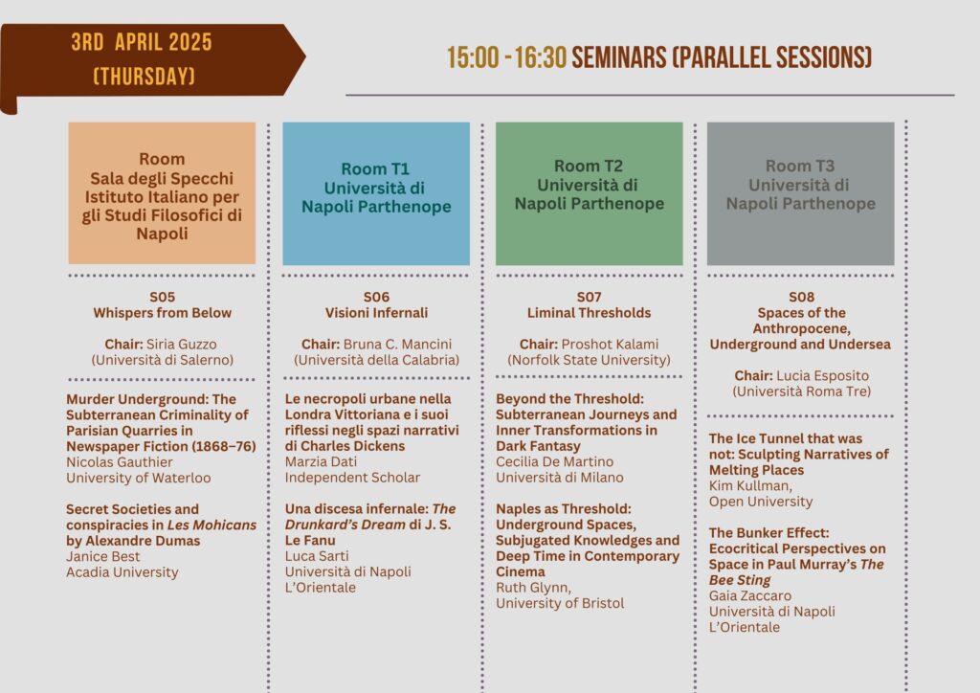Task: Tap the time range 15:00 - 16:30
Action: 506,57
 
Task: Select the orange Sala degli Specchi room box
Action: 162,193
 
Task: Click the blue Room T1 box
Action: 376,193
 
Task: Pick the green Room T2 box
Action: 590,193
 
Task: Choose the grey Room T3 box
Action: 801,193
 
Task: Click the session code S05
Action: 163,297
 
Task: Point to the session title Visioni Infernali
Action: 376,312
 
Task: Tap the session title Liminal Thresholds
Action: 589,312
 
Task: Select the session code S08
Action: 801,297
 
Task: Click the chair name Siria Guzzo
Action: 181,345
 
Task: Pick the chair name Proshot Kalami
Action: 610,345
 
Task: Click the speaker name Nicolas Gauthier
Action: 120,461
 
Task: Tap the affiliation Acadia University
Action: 122,571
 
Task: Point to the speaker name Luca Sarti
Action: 317,555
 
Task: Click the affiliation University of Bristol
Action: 560,603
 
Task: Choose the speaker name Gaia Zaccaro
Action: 750,595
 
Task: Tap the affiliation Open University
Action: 761,502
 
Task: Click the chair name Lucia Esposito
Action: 822,375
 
